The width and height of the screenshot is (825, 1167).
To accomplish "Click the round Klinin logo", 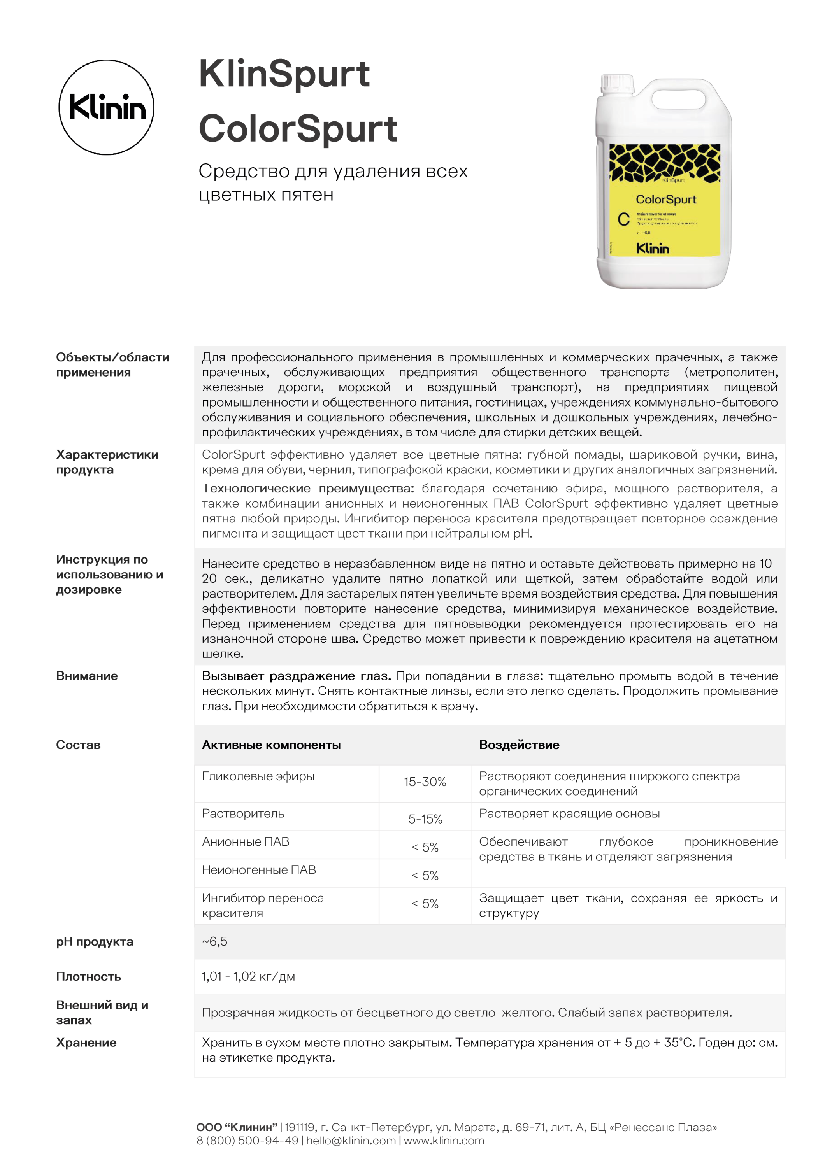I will (x=106, y=107).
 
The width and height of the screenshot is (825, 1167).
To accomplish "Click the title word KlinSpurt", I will (x=284, y=74).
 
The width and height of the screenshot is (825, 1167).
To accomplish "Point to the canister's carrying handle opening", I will (x=679, y=100).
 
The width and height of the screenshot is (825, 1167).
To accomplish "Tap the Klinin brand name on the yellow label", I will (x=653, y=249).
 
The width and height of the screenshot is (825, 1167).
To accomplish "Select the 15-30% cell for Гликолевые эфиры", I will (x=425, y=782).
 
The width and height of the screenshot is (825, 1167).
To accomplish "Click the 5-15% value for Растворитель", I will (x=425, y=819).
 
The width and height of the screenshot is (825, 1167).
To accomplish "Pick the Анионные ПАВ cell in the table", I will (x=246, y=842).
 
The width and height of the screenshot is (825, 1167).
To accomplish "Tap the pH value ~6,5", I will (x=214, y=941).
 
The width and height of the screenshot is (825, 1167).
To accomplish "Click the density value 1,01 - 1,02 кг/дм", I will (x=248, y=976).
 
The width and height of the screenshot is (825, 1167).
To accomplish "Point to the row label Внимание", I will (x=87, y=676).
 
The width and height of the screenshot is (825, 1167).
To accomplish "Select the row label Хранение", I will (x=86, y=1043).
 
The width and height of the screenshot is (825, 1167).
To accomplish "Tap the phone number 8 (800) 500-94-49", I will (x=247, y=1140).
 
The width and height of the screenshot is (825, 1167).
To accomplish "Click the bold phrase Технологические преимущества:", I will (x=307, y=489).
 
